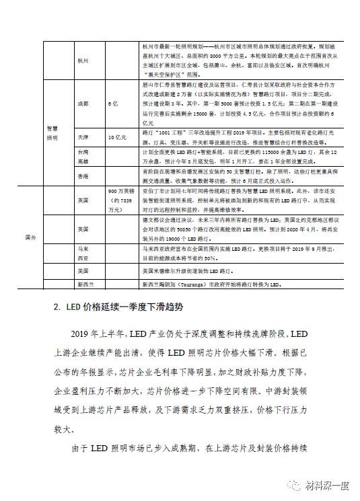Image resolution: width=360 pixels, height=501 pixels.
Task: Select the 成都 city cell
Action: [x=83, y=104]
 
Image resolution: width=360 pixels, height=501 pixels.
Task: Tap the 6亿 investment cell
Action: [x=112, y=104]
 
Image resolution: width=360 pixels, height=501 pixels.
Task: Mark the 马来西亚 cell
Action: [x=83, y=252]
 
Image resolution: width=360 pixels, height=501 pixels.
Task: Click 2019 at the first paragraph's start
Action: [x=83, y=334]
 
